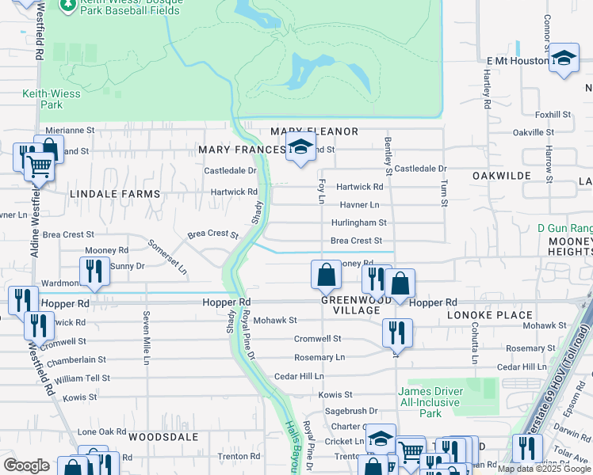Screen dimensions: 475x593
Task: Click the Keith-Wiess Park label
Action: [42, 98]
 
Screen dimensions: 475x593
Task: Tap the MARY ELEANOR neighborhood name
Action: [314, 131]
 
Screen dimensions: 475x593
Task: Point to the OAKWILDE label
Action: [500, 175]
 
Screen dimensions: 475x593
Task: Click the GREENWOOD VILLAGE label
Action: [350, 306]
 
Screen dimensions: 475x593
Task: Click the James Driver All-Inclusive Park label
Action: [430, 402]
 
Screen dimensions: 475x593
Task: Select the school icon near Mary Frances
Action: [300, 146]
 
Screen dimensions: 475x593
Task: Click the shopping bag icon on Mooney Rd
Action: [326, 275]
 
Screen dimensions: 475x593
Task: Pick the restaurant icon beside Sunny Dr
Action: [94, 271]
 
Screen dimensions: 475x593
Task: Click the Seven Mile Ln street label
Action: [146, 338]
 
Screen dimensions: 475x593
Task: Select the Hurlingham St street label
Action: [358, 223]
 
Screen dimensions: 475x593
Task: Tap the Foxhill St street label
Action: [553, 115]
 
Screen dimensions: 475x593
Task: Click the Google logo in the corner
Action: [26, 465]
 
